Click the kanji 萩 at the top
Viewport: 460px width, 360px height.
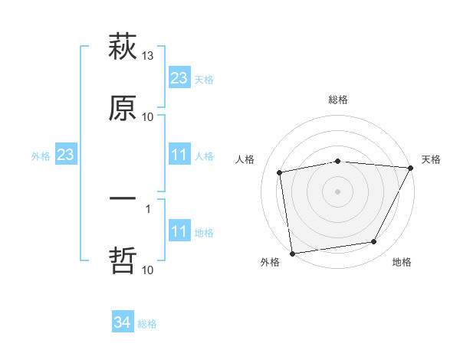[x=123, y=48]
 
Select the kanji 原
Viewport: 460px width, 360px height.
[x=123, y=108]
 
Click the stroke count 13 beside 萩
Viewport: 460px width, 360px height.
[x=148, y=57]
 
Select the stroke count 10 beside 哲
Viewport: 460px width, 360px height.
[x=148, y=269]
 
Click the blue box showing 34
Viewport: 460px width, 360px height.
[x=123, y=323]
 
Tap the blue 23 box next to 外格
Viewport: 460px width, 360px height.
[x=66, y=155]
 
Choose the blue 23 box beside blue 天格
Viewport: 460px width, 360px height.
[x=179, y=78]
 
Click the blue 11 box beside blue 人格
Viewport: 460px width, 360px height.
[x=179, y=155]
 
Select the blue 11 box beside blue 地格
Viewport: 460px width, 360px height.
[x=179, y=231]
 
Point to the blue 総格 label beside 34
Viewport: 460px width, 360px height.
[x=147, y=324]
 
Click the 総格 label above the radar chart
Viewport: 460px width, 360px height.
[x=338, y=100]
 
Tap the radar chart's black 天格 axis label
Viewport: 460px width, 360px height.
[x=432, y=159]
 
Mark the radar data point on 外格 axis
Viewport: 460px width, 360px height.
[x=292, y=253]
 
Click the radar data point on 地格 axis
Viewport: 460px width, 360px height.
[x=374, y=242]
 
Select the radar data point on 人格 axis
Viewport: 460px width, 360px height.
[x=280, y=172]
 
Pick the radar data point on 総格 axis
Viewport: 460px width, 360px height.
[x=338, y=161]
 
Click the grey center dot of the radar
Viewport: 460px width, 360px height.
[x=338, y=191]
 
